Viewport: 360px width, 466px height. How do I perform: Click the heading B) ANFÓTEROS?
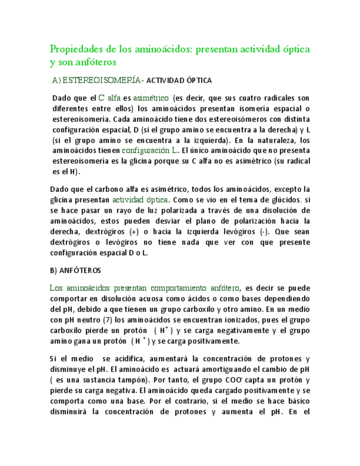click(75, 271)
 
